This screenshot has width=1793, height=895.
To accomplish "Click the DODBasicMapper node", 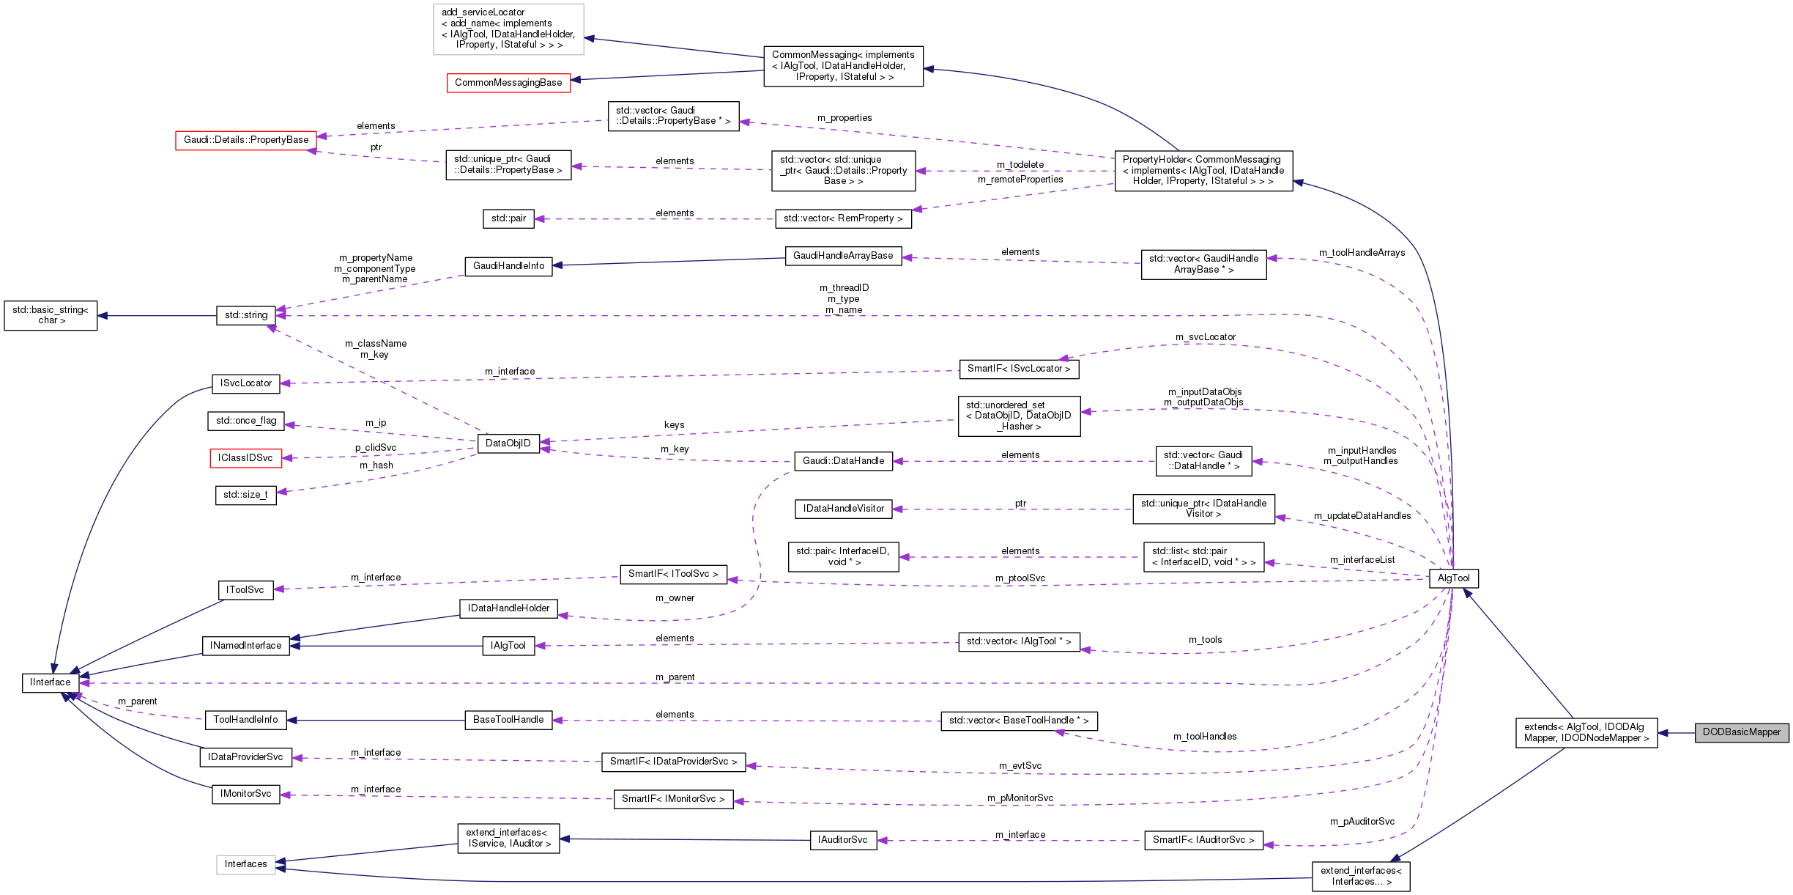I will tap(1741, 732).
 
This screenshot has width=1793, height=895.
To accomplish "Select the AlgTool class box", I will tap(1453, 578).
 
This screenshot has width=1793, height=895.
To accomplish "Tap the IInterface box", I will tap(50, 682).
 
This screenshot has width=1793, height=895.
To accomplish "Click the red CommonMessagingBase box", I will tap(508, 83).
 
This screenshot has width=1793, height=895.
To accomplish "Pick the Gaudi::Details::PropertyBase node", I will tap(245, 140).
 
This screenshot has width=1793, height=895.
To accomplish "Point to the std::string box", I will tap(246, 315).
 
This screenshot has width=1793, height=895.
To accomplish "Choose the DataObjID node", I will tap(508, 443).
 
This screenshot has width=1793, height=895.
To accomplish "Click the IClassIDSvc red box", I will tap(245, 458).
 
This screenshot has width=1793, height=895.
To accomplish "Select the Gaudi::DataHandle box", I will tap(843, 461).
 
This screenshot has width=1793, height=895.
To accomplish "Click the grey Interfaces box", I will tap(245, 864).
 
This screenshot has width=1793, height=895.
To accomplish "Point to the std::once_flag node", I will tap(246, 421).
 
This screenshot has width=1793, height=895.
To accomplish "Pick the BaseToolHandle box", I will tap(508, 720).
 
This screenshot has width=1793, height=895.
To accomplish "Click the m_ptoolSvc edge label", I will tap(1020, 578).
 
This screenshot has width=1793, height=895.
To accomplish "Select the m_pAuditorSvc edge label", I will tap(1362, 822).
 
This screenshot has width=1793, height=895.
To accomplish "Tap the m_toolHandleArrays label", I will tap(1362, 253).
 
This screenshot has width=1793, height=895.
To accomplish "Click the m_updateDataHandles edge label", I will tap(1362, 516).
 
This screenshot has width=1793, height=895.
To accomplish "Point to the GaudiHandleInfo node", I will tap(508, 266).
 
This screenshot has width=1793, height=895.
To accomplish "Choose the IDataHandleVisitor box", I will tap(843, 509).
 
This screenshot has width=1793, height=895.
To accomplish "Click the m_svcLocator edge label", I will tap(1205, 337).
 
